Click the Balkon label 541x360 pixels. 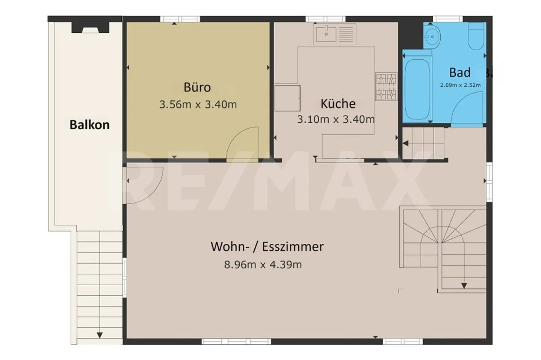coord(89,125)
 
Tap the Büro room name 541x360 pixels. coord(197,87)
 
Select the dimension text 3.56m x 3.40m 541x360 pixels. coord(198,104)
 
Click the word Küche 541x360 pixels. coord(338,104)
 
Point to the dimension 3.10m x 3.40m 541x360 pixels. coord(336,119)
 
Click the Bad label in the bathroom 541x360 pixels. coord(460,72)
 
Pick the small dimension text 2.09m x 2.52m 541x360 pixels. coord(460,85)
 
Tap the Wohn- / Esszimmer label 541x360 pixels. coord(267,247)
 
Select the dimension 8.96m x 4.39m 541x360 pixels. coord(263,265)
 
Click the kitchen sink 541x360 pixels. coord(334,34)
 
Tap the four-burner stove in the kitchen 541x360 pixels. coord(386,87)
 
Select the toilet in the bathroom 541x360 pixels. coord(476,36)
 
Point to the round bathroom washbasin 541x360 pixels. coord(432,37)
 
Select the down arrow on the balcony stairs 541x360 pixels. coord(100,335)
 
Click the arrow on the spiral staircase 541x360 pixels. coord(464,286)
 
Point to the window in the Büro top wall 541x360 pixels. coord(180,19)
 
